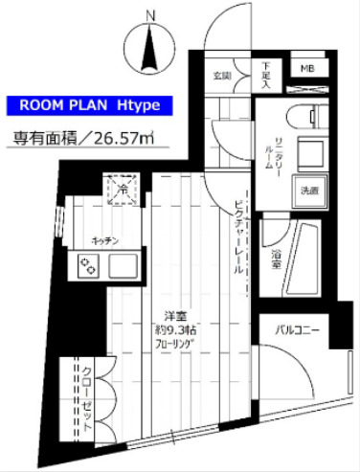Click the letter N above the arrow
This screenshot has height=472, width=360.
coord(149,15)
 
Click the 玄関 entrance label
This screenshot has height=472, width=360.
coord(222,75)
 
